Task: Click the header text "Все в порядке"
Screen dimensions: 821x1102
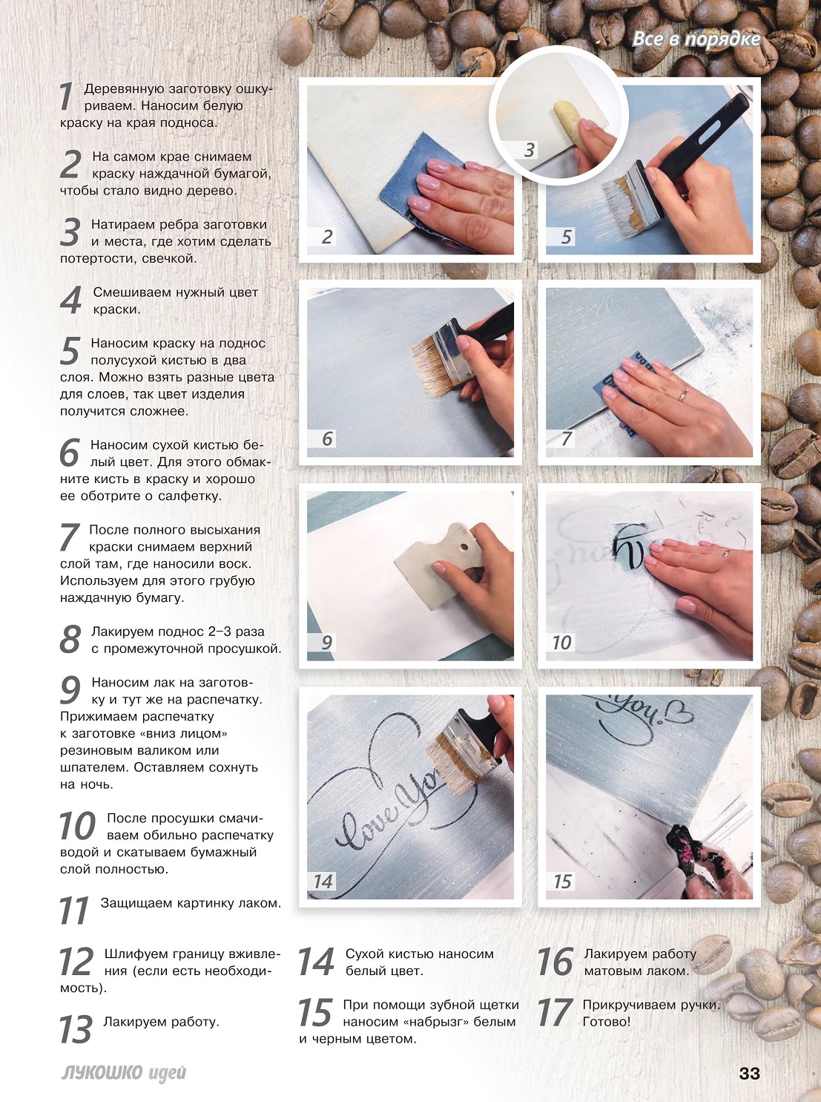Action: (x=696, y=39)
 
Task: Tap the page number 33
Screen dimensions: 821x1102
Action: (x=749, y=1073)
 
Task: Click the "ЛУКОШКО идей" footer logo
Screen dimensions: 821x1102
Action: (x=123, y=1073)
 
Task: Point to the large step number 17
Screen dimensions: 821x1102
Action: (x=555, y=1013)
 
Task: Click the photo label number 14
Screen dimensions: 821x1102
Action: (x=323, y=881)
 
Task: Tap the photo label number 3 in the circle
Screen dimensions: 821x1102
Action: (x=530, y=150)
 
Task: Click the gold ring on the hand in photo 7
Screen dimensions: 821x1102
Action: (x=683, y=395)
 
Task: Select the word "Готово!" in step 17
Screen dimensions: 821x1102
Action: (x=607, y=1021)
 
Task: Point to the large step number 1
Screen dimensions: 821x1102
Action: (x=67, y=96)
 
